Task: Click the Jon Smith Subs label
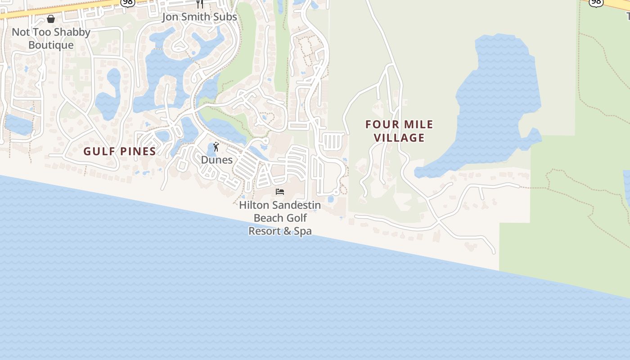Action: [x=199, y=17]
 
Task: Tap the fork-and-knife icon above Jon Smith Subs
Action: [x=200, y=4]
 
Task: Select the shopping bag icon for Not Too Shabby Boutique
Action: [x=51, y=19]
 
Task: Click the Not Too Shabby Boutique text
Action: [x=51, y=38]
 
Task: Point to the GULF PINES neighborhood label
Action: [x=120, y=151]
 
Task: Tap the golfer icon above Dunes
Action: [x=216, y=147]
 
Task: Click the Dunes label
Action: [x=217, y=160]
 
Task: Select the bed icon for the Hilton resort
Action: [x=280, y=192]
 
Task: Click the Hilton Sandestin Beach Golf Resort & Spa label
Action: [x=280, y=218]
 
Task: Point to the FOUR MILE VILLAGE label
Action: [x=399, y=130]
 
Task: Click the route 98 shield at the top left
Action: [x=127, y=2]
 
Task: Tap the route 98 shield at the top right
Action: [x=596, y=2]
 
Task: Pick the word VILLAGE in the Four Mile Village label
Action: [x=399, y=138]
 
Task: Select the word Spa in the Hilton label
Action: [x=302, y=231]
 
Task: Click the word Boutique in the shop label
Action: [x=51, y=45]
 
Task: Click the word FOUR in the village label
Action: [x=380, y=124]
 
